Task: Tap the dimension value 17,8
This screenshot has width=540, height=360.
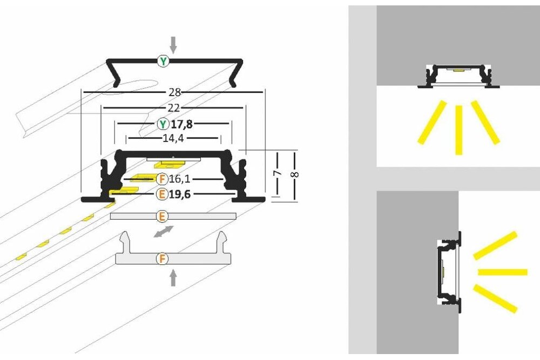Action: (x=182, y=124)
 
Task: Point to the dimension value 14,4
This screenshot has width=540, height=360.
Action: (x=173, y=138)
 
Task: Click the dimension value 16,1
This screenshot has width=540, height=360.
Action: (x=181, y=178)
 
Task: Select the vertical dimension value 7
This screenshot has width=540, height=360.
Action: (x=277, y=174)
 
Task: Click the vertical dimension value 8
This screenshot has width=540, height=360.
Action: (x=295, y=174)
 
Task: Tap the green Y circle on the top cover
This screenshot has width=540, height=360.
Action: (x=163, y=62)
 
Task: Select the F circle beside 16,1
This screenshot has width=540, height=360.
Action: (x=161, y=178)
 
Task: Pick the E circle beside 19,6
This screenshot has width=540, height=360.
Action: (x=161, y=194)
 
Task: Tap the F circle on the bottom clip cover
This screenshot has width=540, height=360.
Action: (x=161, y=259)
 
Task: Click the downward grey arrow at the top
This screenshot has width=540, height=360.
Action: (x=173, y=44)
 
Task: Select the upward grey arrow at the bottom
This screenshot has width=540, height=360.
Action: (x=173, y=277)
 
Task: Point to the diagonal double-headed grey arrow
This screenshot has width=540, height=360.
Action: (x=163, y=233)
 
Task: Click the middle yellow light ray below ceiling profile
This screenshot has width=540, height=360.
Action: (x=458, y=130)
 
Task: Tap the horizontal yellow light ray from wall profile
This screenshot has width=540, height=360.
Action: (x=502, y=271)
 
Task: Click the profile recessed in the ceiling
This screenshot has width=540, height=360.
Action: (x=458, y=76)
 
